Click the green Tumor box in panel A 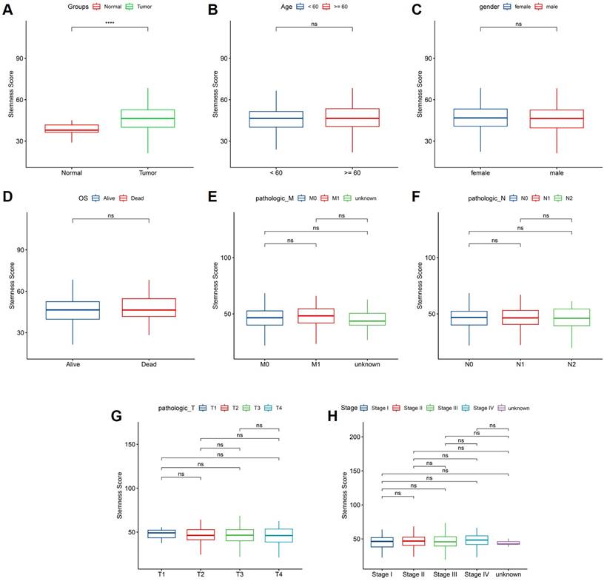coord(148,118)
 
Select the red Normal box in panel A coord(72,129)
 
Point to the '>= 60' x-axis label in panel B coord(352,173)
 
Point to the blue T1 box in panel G coord(161,534)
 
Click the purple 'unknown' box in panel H coord(509,543)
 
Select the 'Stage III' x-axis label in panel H coord(445,574)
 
